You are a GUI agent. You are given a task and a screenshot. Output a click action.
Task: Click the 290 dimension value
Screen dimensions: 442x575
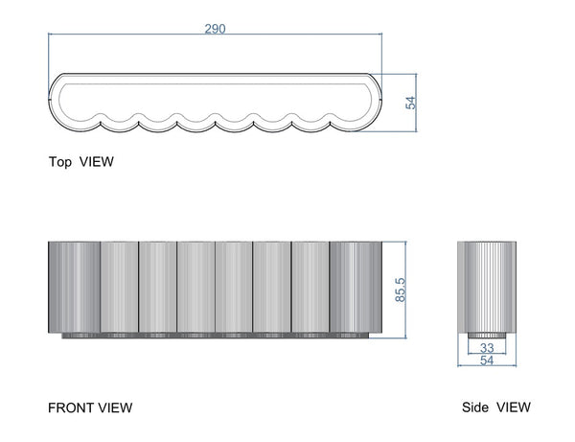coord(215,29)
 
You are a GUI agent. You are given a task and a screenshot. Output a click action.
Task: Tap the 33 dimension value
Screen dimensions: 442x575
coord(487,348)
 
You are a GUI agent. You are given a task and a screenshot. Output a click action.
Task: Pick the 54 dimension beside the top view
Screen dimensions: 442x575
coord(412,101)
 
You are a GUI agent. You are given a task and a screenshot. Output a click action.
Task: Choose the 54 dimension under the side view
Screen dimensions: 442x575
coord(487,361)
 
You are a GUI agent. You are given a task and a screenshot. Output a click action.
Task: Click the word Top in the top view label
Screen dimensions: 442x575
coord(61,162)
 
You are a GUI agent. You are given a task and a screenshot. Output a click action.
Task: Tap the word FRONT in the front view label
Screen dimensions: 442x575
coord(70,407)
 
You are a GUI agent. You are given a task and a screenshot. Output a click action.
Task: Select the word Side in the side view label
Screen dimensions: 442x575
coord(476,407)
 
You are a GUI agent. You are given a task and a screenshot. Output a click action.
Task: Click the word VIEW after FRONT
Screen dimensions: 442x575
coord(115,407)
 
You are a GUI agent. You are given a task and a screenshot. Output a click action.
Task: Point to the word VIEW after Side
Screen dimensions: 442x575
coord(513,407)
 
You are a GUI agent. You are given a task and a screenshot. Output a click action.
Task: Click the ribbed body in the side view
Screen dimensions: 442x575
coord(487,286)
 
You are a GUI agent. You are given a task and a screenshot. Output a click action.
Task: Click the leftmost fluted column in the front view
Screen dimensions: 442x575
coord(74,286)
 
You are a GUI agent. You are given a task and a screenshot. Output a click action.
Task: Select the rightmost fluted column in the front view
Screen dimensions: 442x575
coord(356,286)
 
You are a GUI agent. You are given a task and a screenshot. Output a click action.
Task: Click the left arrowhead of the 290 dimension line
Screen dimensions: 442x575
coord(51,36)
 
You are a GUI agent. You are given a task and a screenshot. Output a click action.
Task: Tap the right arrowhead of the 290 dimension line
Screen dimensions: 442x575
coord(380,36)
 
